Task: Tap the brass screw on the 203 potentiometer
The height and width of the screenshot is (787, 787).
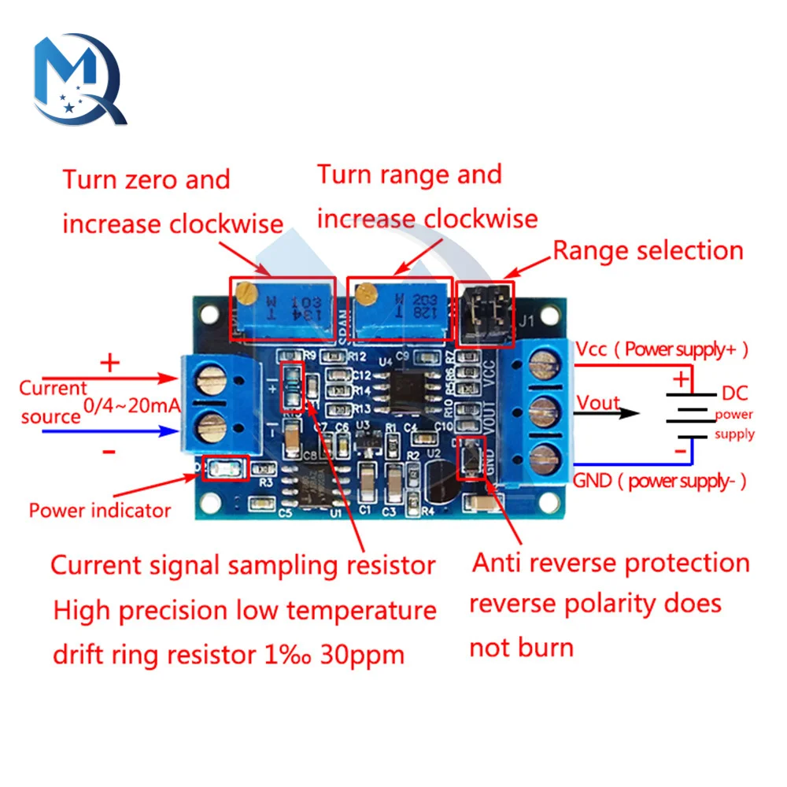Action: [364, 294]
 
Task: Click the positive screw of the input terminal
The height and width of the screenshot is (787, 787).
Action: [210, 386]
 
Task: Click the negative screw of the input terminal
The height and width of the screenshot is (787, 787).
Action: [210, 429]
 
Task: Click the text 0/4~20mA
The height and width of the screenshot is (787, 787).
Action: [132, 406]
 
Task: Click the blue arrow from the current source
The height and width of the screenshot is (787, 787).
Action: [110, 431]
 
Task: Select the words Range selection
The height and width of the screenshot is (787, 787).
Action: [648, 251]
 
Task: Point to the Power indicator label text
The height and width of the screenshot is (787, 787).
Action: [100, 510]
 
